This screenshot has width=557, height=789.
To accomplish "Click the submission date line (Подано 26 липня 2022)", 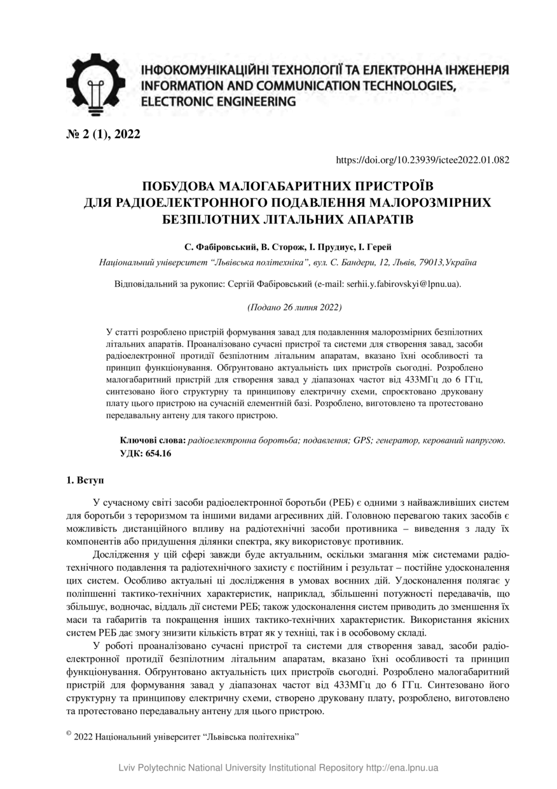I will [294, 307].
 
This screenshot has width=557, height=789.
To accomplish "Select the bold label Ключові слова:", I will [153, 440].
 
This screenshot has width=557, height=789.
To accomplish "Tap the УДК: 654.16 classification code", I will [146, 453].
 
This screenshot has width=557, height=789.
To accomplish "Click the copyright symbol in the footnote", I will [68, 734].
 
